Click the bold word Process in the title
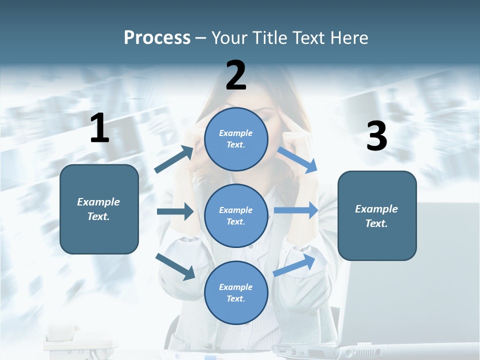(x=157, y=38)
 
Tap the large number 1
(x=99, y=128)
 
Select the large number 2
(x=236, y=75)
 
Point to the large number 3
(x=376, y=136)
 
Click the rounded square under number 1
(x=99, y=209)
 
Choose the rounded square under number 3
(x=377, y=215)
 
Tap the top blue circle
(x=236, y=139)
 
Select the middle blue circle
(x=236, y=215)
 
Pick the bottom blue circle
(x=236, y=292)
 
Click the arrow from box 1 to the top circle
(x=174, y=159)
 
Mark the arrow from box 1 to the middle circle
(x=175, y=211)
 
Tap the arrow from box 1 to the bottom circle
(x=175, y=266)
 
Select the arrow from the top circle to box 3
(x=297, y=160)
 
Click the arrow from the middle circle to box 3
(x=296, y=210)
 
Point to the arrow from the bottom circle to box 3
(x=294, y=265)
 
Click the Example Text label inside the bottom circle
(x=236, y=292)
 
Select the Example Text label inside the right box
(x=377, y=216)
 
